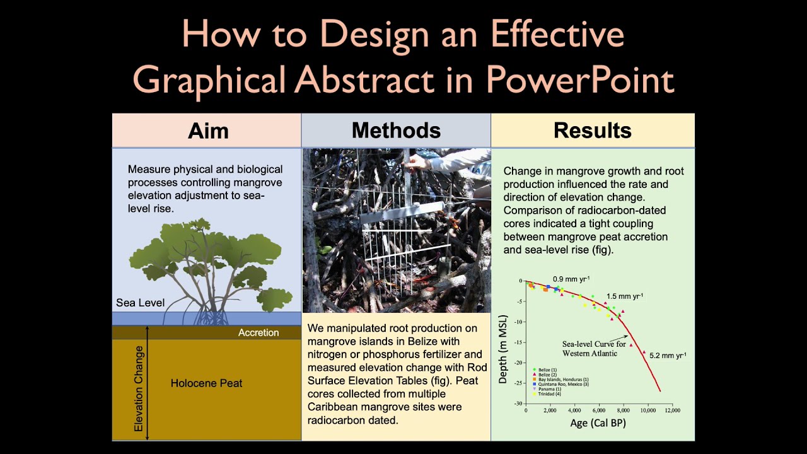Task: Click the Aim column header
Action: point(208,131)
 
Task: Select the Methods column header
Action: point(396,131)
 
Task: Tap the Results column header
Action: point(592,131)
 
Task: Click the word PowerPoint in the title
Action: point(580,80)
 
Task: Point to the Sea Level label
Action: point(140,303)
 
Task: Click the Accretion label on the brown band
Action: point(258,333)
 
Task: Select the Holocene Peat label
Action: point(206,383)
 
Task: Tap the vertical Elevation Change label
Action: point(139,388)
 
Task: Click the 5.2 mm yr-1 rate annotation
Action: point(668,356)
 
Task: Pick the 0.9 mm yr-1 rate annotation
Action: point(571,279)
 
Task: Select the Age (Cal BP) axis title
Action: point(598,423)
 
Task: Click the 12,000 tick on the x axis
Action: point(672,410)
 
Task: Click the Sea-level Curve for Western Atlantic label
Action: point(594,349)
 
